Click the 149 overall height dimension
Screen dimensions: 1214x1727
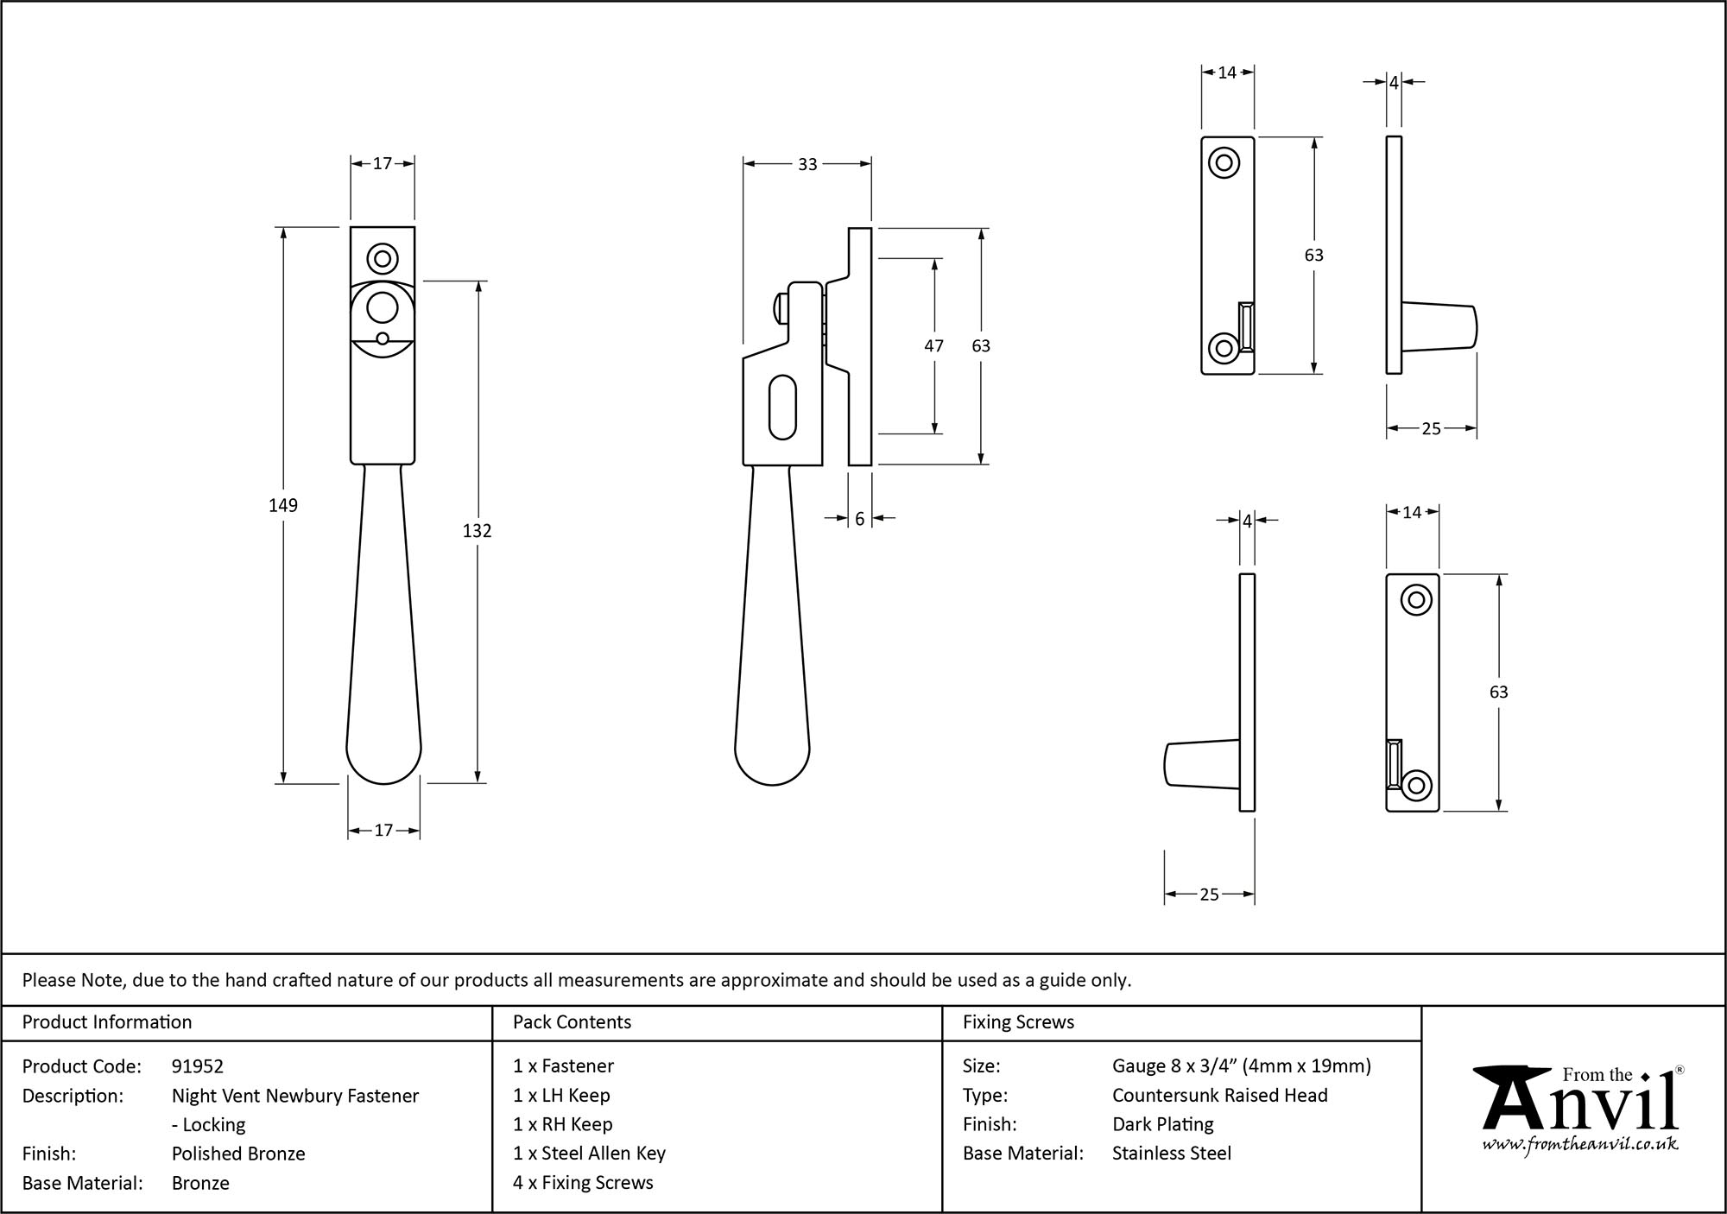click(x=283, y=505)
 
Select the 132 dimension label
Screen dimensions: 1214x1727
click(x=477, y=531)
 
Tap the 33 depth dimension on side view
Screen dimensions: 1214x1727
click(x=807, y=164)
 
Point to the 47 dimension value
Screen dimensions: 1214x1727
click(x=933, y=345)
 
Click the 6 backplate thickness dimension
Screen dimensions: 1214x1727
click(x=859, y=519)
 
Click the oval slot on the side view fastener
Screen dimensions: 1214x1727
click(x=781, y=405)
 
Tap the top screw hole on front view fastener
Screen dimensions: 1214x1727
click(x=382, y=258)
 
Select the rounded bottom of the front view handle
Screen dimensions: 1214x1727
click(x=383, y=760)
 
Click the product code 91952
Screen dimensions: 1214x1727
click(x=198, y=1066)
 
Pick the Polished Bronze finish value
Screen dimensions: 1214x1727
click(x=238, y=1154)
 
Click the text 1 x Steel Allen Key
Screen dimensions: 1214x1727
click(x=589, y=1154)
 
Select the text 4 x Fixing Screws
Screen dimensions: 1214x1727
click(x=583, y=1183)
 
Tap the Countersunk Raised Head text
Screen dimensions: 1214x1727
click(x=1219, y=1096)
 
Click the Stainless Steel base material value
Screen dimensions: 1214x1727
click(x=1171, y=1154)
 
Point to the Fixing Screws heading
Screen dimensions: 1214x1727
click(x=1018, y=1022)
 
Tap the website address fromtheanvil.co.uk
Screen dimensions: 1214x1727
click(x=1580, y=1145)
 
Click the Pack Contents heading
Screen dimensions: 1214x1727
click(x=572, y=1022)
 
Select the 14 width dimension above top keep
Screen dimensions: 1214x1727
click(x=1227, y=73)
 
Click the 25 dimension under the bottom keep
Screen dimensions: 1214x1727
click(x=1209, y=895)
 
